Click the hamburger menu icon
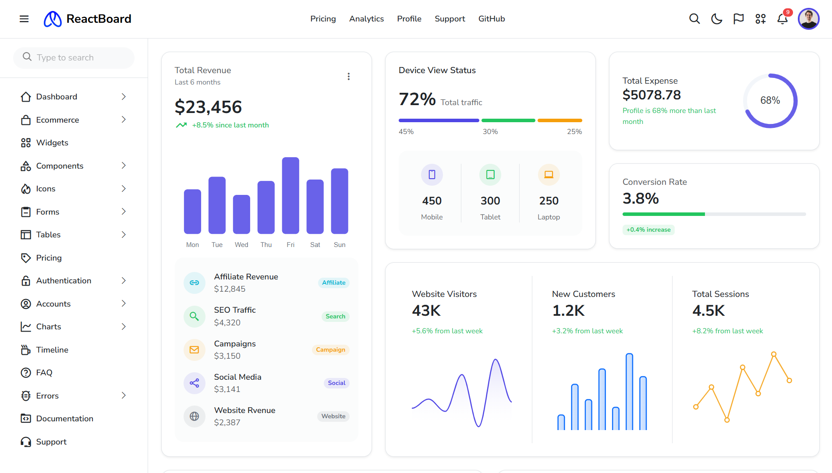pyautogui.click(x=24, y=19)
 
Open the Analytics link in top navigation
pyautogui.click(x=366, y=19)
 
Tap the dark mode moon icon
pyautogui.click(x=716, y=19)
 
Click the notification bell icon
pyautogui.click(x=782, y=19)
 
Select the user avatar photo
pyautogui.click(x=808, y=19)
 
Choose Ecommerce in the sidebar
pyautogui.click(x=57, y=120)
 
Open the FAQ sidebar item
pyautogui.click(x=44, y=373)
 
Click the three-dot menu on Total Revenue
pyautogui.click(x=348, y=76)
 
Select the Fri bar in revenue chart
pyautogui.click(x=290, y=195)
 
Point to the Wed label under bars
pyautogui.click(x=241, y=245)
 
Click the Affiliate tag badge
pyautogui.click(x=333, y=282)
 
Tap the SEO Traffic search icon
pyautogui.click(x=194, y=316)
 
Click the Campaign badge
pyautogui.click(x=330, y=349)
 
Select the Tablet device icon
pyautogui.click(x=490, y=175)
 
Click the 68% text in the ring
pyautogui.click(x=770, y=100)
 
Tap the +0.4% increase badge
pyautogui.click(x=648, y=229)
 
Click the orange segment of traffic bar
pyautogui.click(x=559, y=120)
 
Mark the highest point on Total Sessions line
pyautogui.click(x=774, y=354)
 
